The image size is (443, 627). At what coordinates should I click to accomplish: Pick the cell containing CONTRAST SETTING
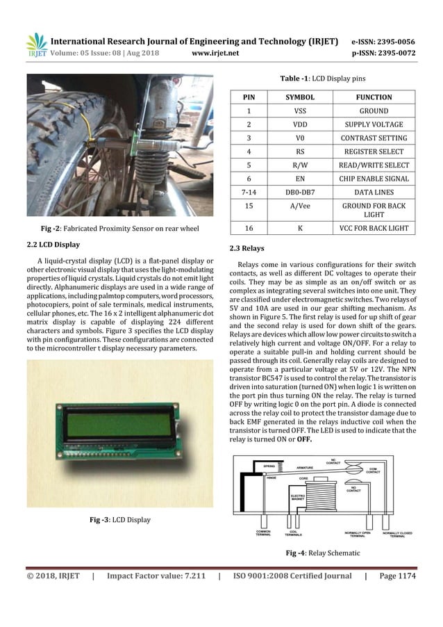pyautogui.click(x=374, y=138)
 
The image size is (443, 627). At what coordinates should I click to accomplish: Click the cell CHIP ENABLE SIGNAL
pyautogui.click(x=374, y=179)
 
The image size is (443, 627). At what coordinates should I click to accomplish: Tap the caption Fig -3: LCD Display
pyautogui.click(x=117, y=520)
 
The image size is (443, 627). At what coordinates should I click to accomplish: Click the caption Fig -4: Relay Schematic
pyautogui.click(x=324, y=553)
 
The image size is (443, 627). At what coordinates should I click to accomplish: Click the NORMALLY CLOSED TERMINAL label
pyautogui.click(x=397, y=535)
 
